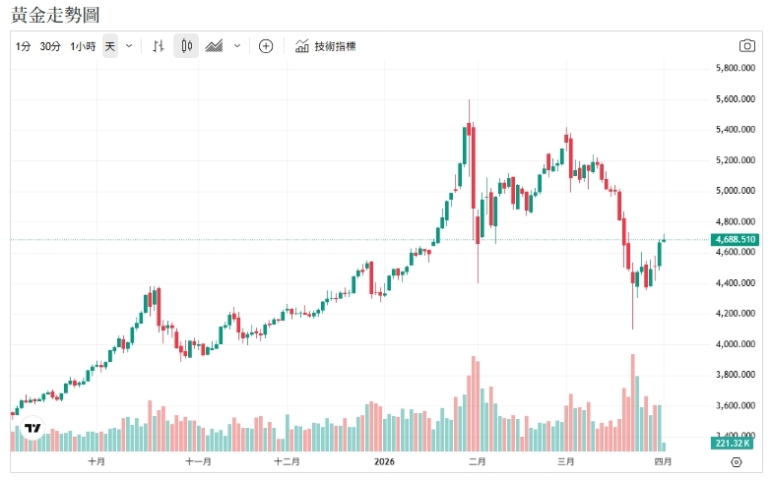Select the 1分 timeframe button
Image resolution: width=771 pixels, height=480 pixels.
(24, 46)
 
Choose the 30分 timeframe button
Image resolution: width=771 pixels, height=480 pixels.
(50, 46)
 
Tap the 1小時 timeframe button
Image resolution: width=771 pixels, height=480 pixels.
(83, 46)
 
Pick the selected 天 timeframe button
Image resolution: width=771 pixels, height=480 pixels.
(110, 46)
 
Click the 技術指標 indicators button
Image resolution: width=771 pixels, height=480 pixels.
(326, 46)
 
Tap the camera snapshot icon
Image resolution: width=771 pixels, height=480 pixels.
(747, 46)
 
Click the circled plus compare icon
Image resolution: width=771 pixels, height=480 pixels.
(266, 46)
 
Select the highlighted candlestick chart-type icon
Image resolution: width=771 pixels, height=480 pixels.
(187, 46)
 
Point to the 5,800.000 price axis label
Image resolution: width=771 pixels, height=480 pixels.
(736, 69)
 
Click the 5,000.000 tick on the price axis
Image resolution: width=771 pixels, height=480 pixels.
(736, 191)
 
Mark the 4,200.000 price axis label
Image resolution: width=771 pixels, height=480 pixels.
(736, 314)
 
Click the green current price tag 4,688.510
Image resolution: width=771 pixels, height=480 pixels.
(736, 239)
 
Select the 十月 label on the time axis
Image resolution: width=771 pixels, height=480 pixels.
(96, 460)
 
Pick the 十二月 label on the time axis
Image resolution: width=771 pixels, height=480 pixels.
(287, 460)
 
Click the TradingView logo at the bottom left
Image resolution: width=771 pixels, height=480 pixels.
(33, 429)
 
